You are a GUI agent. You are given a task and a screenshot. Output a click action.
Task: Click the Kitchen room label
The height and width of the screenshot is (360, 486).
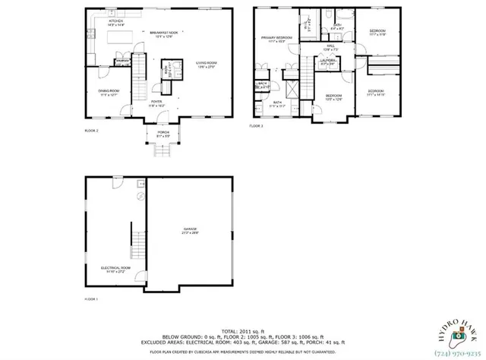[x=115, y=22]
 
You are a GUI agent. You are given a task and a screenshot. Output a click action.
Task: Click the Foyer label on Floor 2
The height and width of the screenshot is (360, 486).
[x=156, y=101]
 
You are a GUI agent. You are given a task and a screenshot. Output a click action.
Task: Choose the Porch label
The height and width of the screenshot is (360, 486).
[x=163, y=134]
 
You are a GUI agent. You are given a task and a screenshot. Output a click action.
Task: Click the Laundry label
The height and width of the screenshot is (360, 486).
[x=328, y=62]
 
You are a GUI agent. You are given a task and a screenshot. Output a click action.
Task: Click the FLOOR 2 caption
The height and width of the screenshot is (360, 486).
[x=92, y=131]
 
